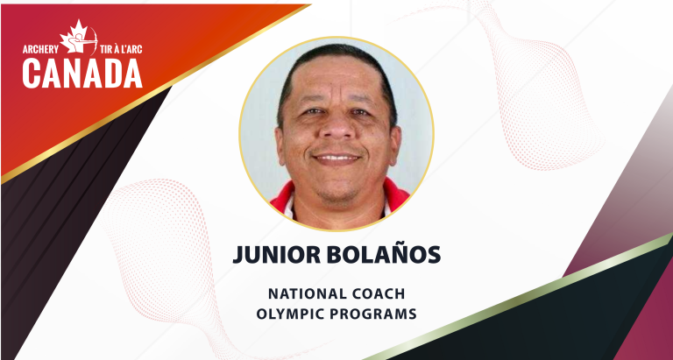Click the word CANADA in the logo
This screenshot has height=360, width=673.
click(x=82, y=74)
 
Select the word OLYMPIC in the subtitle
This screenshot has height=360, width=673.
click(x=306, y=313)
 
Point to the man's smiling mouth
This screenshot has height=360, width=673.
click(x=337, y=159)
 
